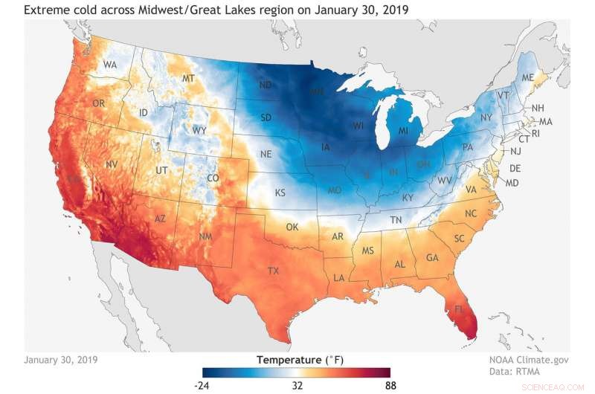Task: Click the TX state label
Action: click(273, 270)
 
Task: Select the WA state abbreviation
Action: click(110, 65)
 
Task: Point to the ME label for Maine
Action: click(528, 78)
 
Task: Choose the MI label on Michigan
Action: click(402, 131)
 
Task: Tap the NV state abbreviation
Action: click(112, 164)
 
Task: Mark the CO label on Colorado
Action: click(213, 178)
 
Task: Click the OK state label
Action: click(292, 226)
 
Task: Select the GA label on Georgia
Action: click(431, 258)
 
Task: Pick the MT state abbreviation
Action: click(188, 78)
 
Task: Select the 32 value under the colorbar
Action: click(297, 386)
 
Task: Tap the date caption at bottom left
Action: click(60, 359)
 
